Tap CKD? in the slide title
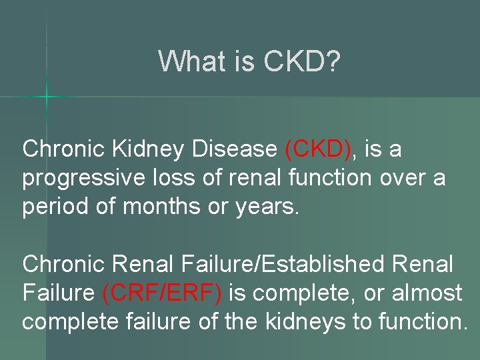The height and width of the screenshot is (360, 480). click(303, 62)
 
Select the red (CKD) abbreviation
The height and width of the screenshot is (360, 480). click(317, 149)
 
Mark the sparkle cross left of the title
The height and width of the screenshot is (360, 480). click(47, 98)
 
